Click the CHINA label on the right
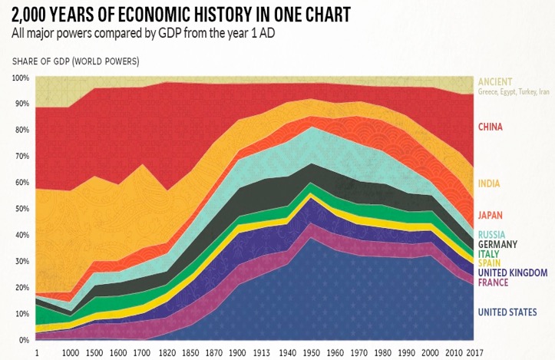tap(492, 127)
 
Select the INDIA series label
tap(489, 183)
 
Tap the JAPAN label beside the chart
tap(491, 216)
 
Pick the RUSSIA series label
tap(492, 235)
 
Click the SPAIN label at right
tap(490, 263)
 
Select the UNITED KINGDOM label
tap(512, 272)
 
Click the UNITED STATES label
tap(507, 312)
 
